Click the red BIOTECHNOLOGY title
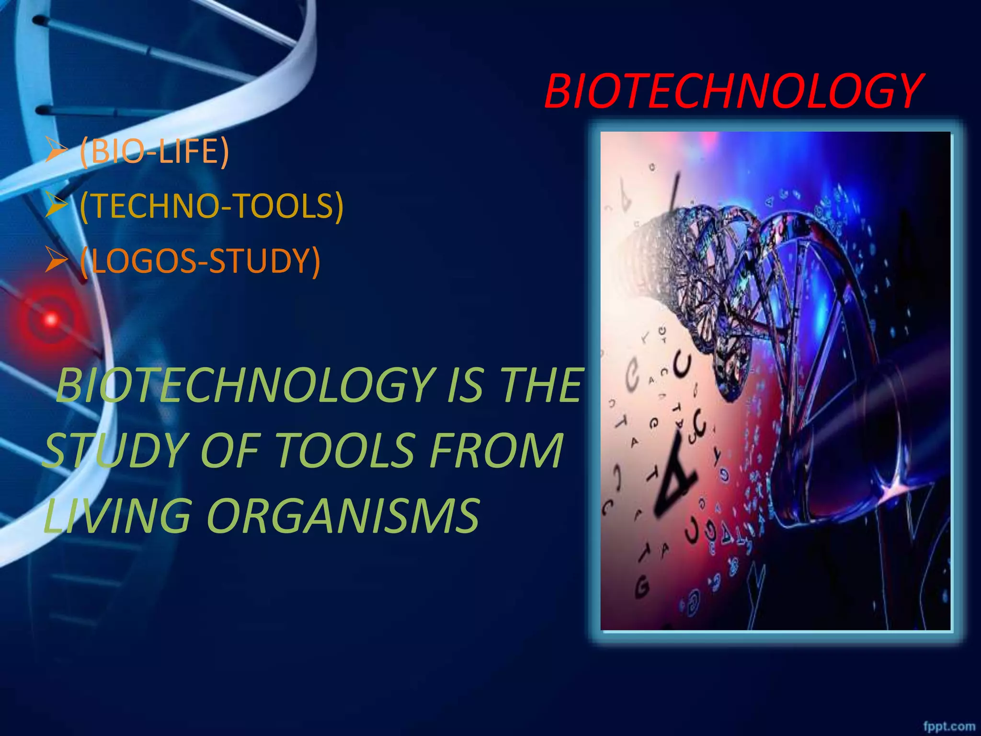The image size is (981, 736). tap(733, 91)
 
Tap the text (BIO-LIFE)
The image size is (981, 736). tap(154, 151)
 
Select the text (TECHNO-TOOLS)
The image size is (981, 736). tap(211, 206)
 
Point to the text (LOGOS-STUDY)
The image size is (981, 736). tap(200, 261)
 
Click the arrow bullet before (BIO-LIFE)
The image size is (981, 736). tap(57, 152)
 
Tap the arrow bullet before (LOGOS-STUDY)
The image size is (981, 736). tap(57, 262)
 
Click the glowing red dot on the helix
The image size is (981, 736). tap(50, 319)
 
